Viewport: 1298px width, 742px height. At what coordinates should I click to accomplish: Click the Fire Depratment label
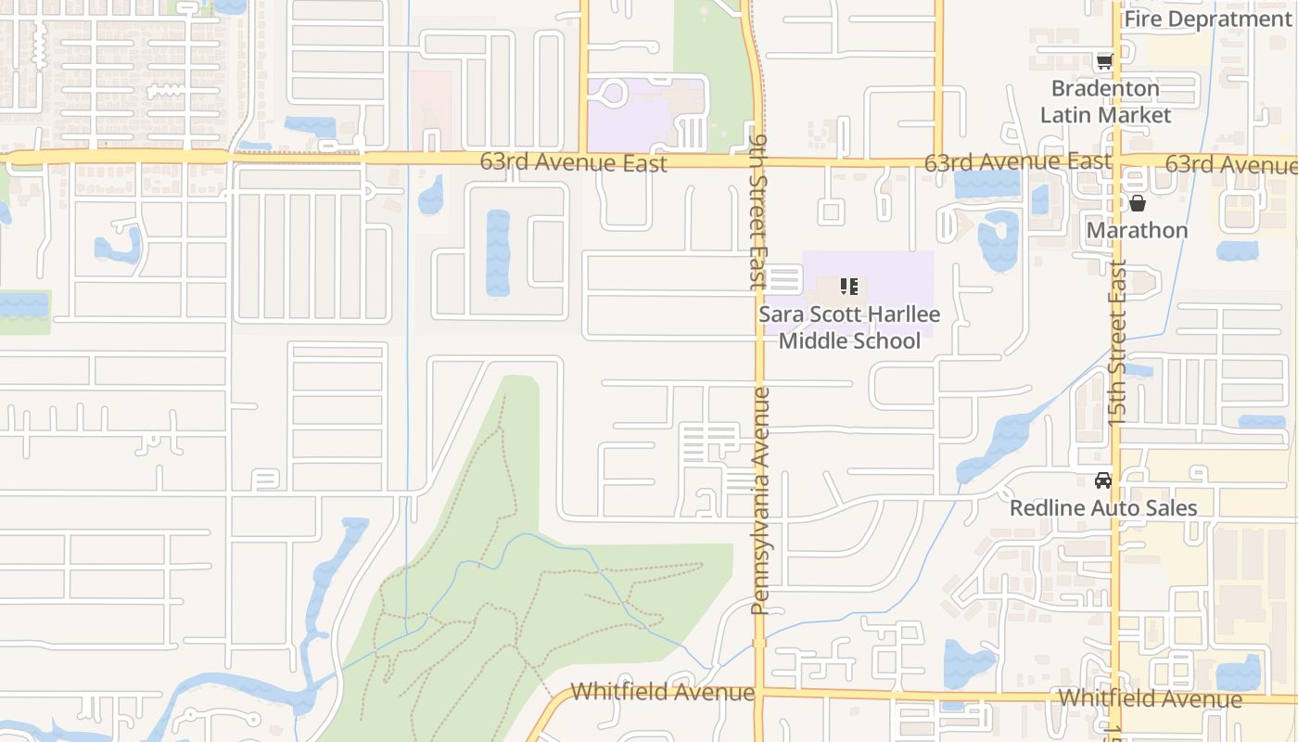1207,19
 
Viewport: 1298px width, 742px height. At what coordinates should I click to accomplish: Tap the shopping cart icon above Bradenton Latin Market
1103,62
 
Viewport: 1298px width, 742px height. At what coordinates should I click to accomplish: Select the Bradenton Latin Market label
1105,102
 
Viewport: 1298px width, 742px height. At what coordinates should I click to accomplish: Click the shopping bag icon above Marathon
1138,202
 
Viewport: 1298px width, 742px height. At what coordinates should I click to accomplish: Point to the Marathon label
1137,230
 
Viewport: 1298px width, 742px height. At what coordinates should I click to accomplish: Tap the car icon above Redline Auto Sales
1103,480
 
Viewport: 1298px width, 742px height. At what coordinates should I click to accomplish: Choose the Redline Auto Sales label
1103,508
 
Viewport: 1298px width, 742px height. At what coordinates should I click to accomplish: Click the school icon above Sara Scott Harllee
849,287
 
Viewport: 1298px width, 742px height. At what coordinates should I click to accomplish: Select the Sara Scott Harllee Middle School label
849,327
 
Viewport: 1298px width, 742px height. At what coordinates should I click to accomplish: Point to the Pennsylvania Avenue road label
760,501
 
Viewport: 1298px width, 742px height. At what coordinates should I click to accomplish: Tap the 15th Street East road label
1117,343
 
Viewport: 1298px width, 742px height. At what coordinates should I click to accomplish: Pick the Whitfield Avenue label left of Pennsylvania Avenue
662,692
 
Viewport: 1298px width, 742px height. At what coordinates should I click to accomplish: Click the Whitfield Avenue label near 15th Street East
1150,698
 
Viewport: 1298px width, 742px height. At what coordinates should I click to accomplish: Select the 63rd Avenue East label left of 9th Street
573,162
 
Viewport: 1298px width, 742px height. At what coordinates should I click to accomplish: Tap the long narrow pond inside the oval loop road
498,253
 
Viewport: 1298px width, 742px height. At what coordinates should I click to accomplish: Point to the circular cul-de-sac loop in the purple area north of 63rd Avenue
615,94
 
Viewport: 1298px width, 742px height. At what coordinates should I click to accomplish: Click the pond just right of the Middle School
998,241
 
